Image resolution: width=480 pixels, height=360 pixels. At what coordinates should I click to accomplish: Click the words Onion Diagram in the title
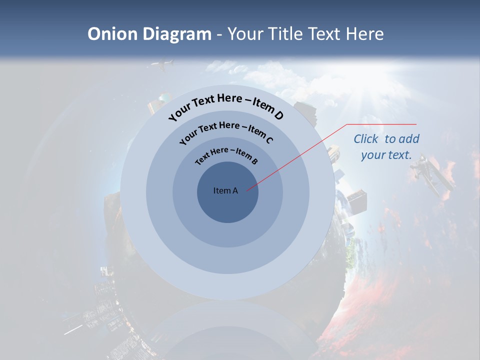pyautogui.click(x=149, y=34)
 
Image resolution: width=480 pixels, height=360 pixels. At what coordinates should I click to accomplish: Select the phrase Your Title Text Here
pyautogui.click(x=305, y=34)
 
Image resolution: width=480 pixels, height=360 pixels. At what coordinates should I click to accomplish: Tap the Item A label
pyautogui.click(x=225, y=190)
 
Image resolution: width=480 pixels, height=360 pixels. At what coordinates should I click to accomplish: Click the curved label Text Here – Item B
pyautogui.click(x=226, y=154)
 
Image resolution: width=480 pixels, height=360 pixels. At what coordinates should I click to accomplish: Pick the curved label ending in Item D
pyautogui.click(x=226, y=104)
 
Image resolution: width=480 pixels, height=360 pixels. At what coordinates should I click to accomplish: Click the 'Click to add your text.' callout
pyautogui.click(x=386, y=147)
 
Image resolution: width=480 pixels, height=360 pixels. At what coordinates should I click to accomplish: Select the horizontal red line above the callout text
pyautogui.click(x=381, y=124)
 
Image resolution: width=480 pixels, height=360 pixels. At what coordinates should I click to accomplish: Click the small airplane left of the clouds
pyautogui.click(x=162, y=64)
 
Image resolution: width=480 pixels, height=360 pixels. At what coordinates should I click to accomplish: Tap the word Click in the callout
pyautogui.click(x=367, y=139)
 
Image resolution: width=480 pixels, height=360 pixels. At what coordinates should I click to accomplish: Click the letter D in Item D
pyautogui.click(x=278, y=115)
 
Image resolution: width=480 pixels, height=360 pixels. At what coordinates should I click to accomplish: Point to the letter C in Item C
pyautogui.click(x=269, y=139)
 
